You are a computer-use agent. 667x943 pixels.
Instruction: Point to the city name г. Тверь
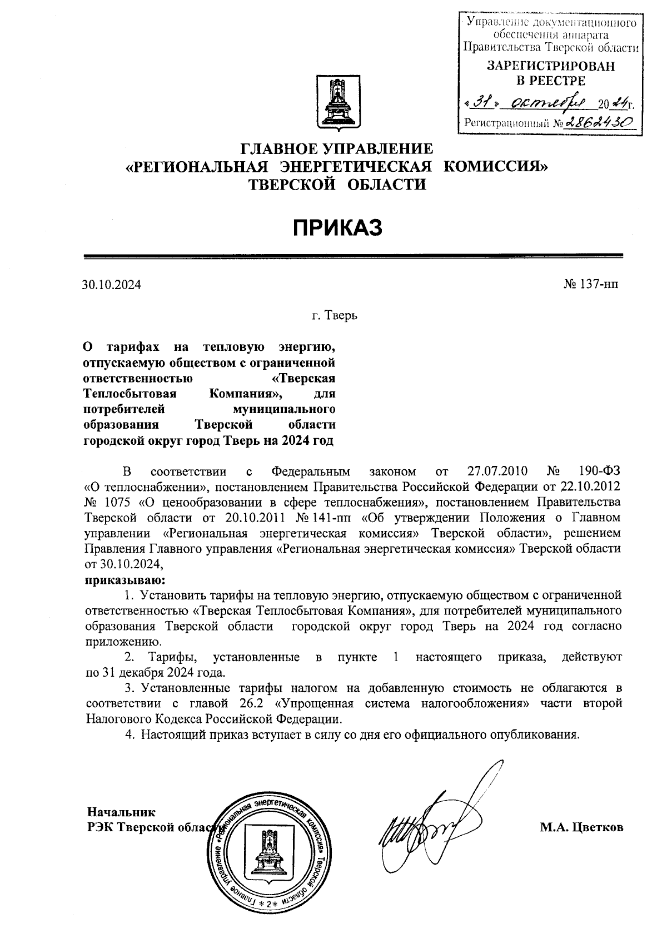[x=334, y=316]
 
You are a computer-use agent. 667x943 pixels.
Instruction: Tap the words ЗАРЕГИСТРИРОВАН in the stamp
[x=551, y=66]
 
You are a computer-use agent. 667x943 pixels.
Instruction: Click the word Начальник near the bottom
[x=121, y=812]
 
